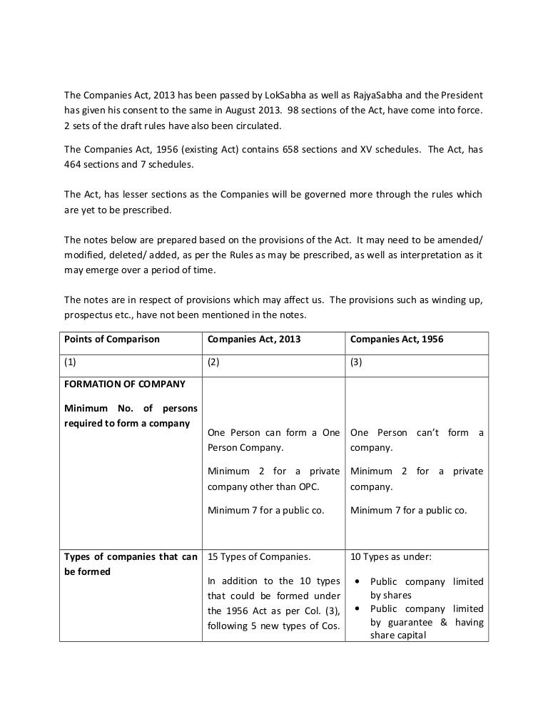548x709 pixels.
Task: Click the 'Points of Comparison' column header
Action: point(112,340)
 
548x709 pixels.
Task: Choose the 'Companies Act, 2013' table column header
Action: point(254,340)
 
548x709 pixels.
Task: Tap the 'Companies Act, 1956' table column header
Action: point(397,340)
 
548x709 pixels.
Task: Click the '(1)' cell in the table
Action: point(70,362)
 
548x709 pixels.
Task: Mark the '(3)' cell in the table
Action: point(357,362)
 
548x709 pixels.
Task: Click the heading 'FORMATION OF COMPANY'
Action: point(125,384)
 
